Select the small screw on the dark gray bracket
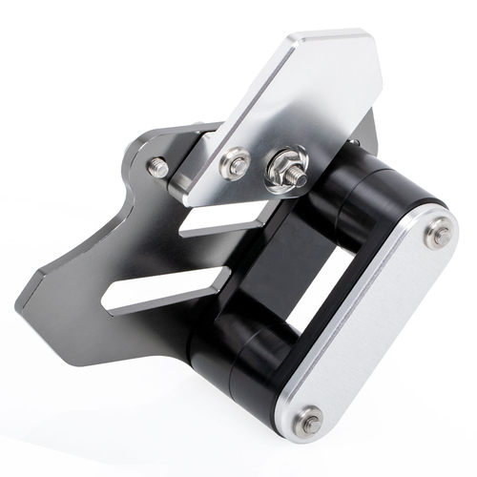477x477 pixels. coord(157,168)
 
